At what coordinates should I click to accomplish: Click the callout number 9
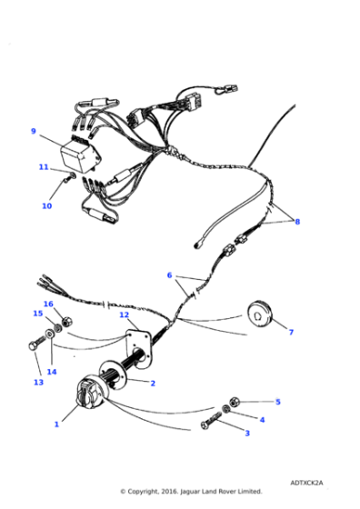pos(34,131)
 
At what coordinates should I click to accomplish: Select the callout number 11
pos(43,167)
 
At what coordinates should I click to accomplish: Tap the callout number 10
pos(46,206)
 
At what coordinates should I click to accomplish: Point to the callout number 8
pos(296,221)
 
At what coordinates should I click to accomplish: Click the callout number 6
pos(169,274)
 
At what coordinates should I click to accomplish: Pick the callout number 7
pos(291,333)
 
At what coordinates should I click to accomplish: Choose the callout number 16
pos(48,304)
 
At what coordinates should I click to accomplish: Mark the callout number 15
pos(38,314)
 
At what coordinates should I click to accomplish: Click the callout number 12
pos(124,315)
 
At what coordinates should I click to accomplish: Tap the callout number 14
pos(52,372)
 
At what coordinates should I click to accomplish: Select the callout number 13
pos(38,383)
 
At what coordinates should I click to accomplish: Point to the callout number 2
pos(152,384)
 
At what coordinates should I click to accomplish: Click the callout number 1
pos(56,424)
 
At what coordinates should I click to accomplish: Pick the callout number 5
pos(278,401)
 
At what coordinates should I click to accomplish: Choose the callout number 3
pos(246,434)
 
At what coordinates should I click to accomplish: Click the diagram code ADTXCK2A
pos(309,483)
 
